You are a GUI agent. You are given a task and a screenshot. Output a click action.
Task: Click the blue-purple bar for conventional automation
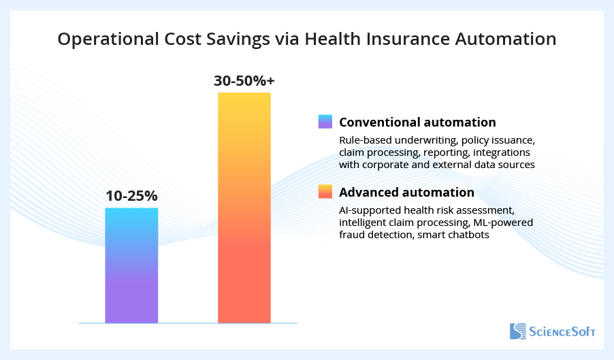pyautogui.click(x=131, y=265)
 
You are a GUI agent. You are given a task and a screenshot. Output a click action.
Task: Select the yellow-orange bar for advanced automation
pyautogui.click(x=244, y=208)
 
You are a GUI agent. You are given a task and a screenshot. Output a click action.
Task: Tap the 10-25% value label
pyautogui.click(x=131, y=197)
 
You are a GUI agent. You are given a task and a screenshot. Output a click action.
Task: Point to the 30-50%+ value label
pyautogui.click(x=244, y=81)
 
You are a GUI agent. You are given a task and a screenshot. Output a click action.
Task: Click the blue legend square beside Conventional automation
pyautogui.click(x=325, y=122)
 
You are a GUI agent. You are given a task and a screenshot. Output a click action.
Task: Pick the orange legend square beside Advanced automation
pyautogui.click(x=325, y=191)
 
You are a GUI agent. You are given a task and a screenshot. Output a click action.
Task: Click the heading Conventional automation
pyautogui.click(x=417, y=122)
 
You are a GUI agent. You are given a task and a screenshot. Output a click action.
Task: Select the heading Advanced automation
pyautogui.click(x=406, y=191)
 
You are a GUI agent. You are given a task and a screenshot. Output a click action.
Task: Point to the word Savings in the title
pyautogui.click(x=238, y=39)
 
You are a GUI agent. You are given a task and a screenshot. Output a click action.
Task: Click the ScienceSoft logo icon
pyautogui.click(x=518, y=331)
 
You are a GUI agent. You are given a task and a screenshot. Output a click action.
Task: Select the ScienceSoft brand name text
pyautogui.click(x=562, y=332)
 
